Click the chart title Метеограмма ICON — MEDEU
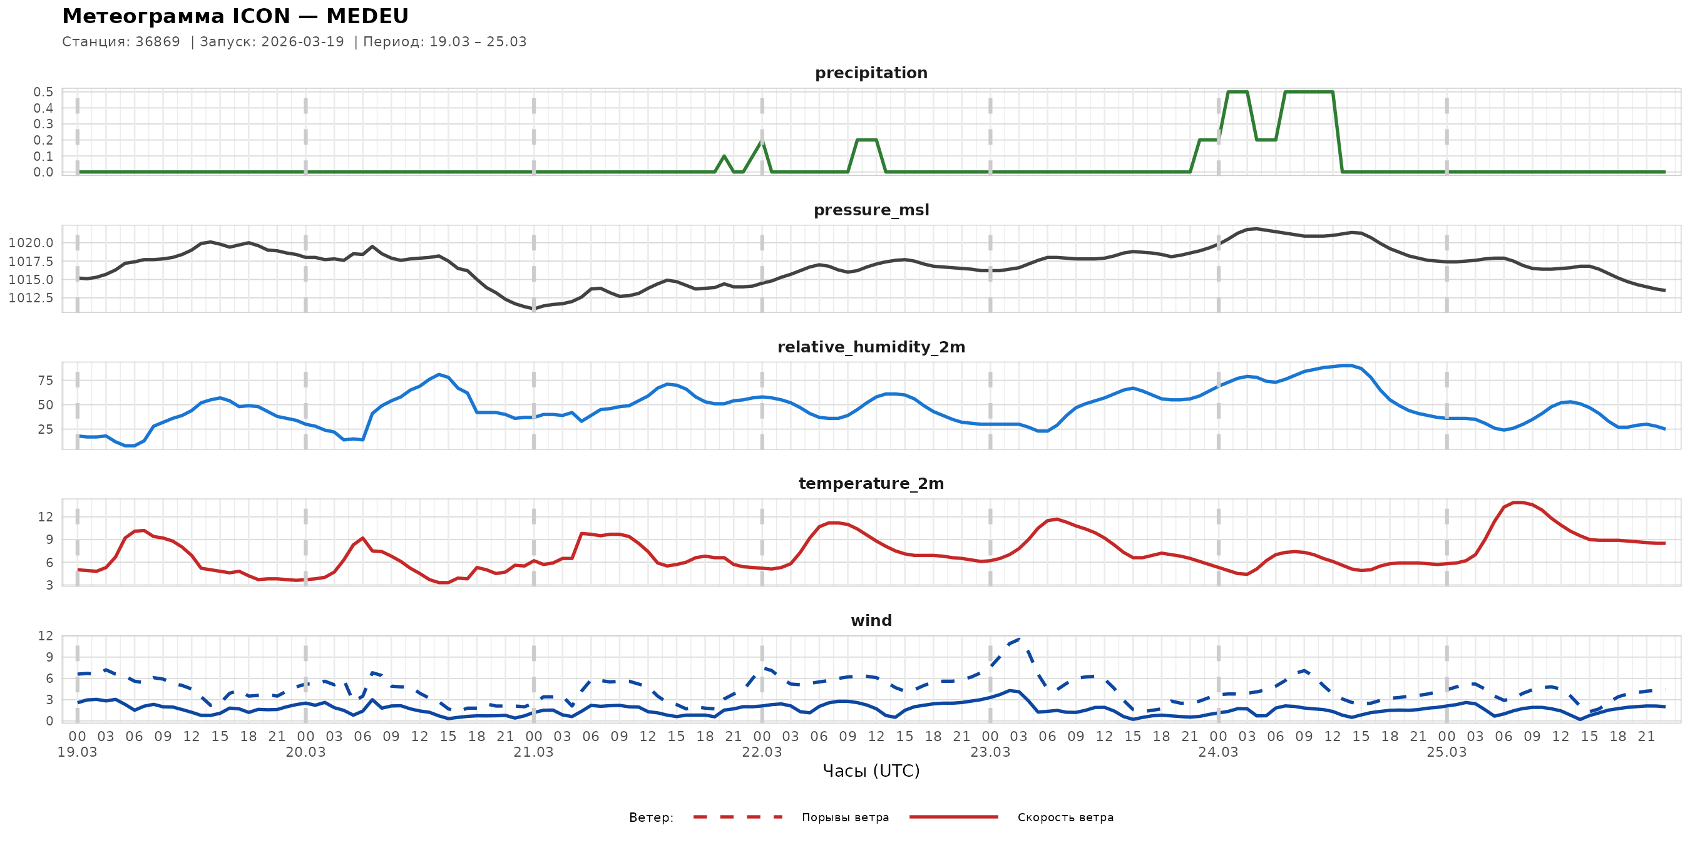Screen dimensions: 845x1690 coord(235,16)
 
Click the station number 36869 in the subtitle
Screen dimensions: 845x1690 coord(158,42)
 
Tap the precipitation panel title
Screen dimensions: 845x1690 coord(871,73)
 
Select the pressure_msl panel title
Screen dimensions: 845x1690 coord(871,210)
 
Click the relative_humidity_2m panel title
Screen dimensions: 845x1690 coord(871,347)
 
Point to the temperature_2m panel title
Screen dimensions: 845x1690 coord(871,483)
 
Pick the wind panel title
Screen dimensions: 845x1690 coord(871,621)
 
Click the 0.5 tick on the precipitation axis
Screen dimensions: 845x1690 coord(43,92)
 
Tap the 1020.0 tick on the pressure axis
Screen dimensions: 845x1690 coord(31,243)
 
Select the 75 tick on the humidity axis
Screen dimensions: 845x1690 coord(45,381)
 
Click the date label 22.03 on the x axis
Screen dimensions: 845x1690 coord(762,752)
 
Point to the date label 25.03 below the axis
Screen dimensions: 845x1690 coord(1446,752)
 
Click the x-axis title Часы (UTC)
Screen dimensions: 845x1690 coord(871,771)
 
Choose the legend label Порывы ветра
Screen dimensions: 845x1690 coord(845,817)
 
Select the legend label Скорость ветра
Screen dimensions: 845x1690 coord(1065,817)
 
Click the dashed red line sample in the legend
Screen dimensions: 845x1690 coord(737,817)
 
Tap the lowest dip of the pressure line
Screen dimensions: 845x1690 coord(533,309)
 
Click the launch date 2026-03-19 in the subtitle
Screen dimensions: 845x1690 coord(302,42)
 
